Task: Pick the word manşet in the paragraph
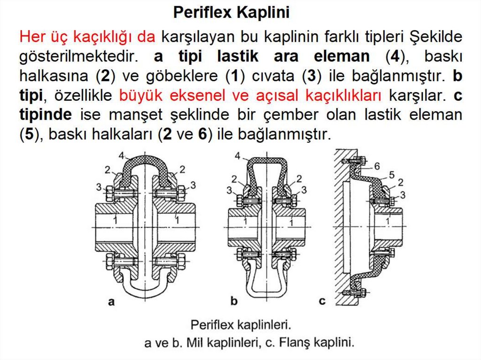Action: pyautogui.click(x=135, y=115)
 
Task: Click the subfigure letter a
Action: pyautogui.click(x=111, y=302)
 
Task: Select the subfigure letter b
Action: pyautogui.click(x=234, y=301)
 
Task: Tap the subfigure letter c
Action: pyautogui.click(x=322, y=301)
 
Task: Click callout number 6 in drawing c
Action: pyautogui.click(x=377, y=166)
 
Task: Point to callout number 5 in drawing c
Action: pyautogui.click(x=392, y=175)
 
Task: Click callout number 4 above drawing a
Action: pyautogui.click(x=122, y=156)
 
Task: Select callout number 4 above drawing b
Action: pyautogui.click(x=238, y=156)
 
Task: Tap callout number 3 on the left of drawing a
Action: pyautogui.click(x=99, y=187)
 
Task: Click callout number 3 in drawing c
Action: pyautogui.click(x=403, y=195)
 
